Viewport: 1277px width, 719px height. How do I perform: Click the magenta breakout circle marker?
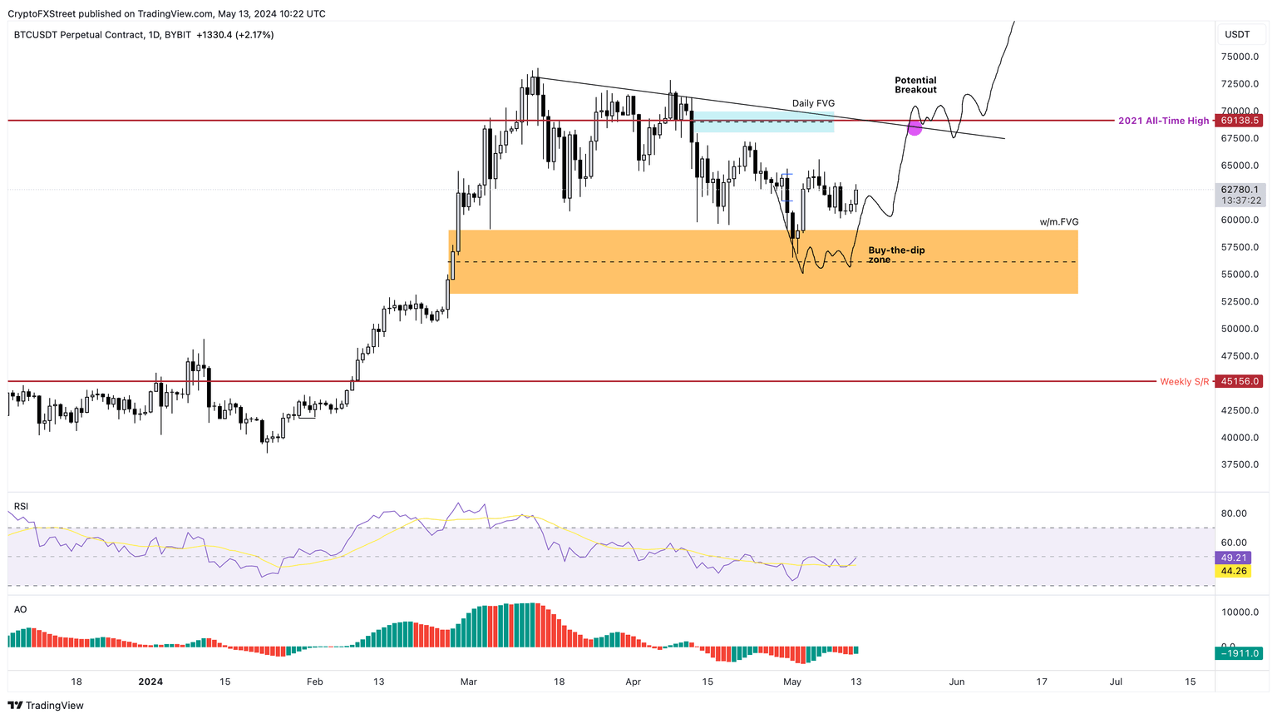pos(915,127)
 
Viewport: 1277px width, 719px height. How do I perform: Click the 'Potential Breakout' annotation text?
pos(915,85)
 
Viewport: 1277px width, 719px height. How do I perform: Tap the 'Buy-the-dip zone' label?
pos(895,255)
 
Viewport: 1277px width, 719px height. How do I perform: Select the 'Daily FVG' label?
pos(812,104)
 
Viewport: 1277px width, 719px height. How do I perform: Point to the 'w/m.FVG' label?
pos(1058,222)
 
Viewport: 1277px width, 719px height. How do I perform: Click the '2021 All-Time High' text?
pos(1163,121)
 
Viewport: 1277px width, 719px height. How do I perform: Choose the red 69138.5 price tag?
pos(1240,121)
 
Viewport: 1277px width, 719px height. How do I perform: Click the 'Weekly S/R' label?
pos(1184,381)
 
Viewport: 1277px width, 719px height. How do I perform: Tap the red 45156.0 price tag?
pos(1240,381)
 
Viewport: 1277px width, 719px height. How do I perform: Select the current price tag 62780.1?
pos(1240,190)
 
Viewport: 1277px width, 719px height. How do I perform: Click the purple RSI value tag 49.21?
pos(1234,558)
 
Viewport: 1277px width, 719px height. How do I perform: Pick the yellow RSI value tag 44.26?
pos(1234,571)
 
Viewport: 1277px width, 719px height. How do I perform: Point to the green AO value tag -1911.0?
pos(1240,653)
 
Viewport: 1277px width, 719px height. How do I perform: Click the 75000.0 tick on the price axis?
pos(1240,57)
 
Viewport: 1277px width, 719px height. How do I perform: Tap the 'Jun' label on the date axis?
pos(957,682)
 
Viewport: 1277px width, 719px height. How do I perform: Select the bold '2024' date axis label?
pos(150,682)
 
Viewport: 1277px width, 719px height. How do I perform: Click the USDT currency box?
pos(1237,34)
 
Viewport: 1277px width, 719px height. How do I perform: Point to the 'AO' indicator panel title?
pos(20,609)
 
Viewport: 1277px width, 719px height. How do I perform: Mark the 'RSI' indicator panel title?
pos(21,506)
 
